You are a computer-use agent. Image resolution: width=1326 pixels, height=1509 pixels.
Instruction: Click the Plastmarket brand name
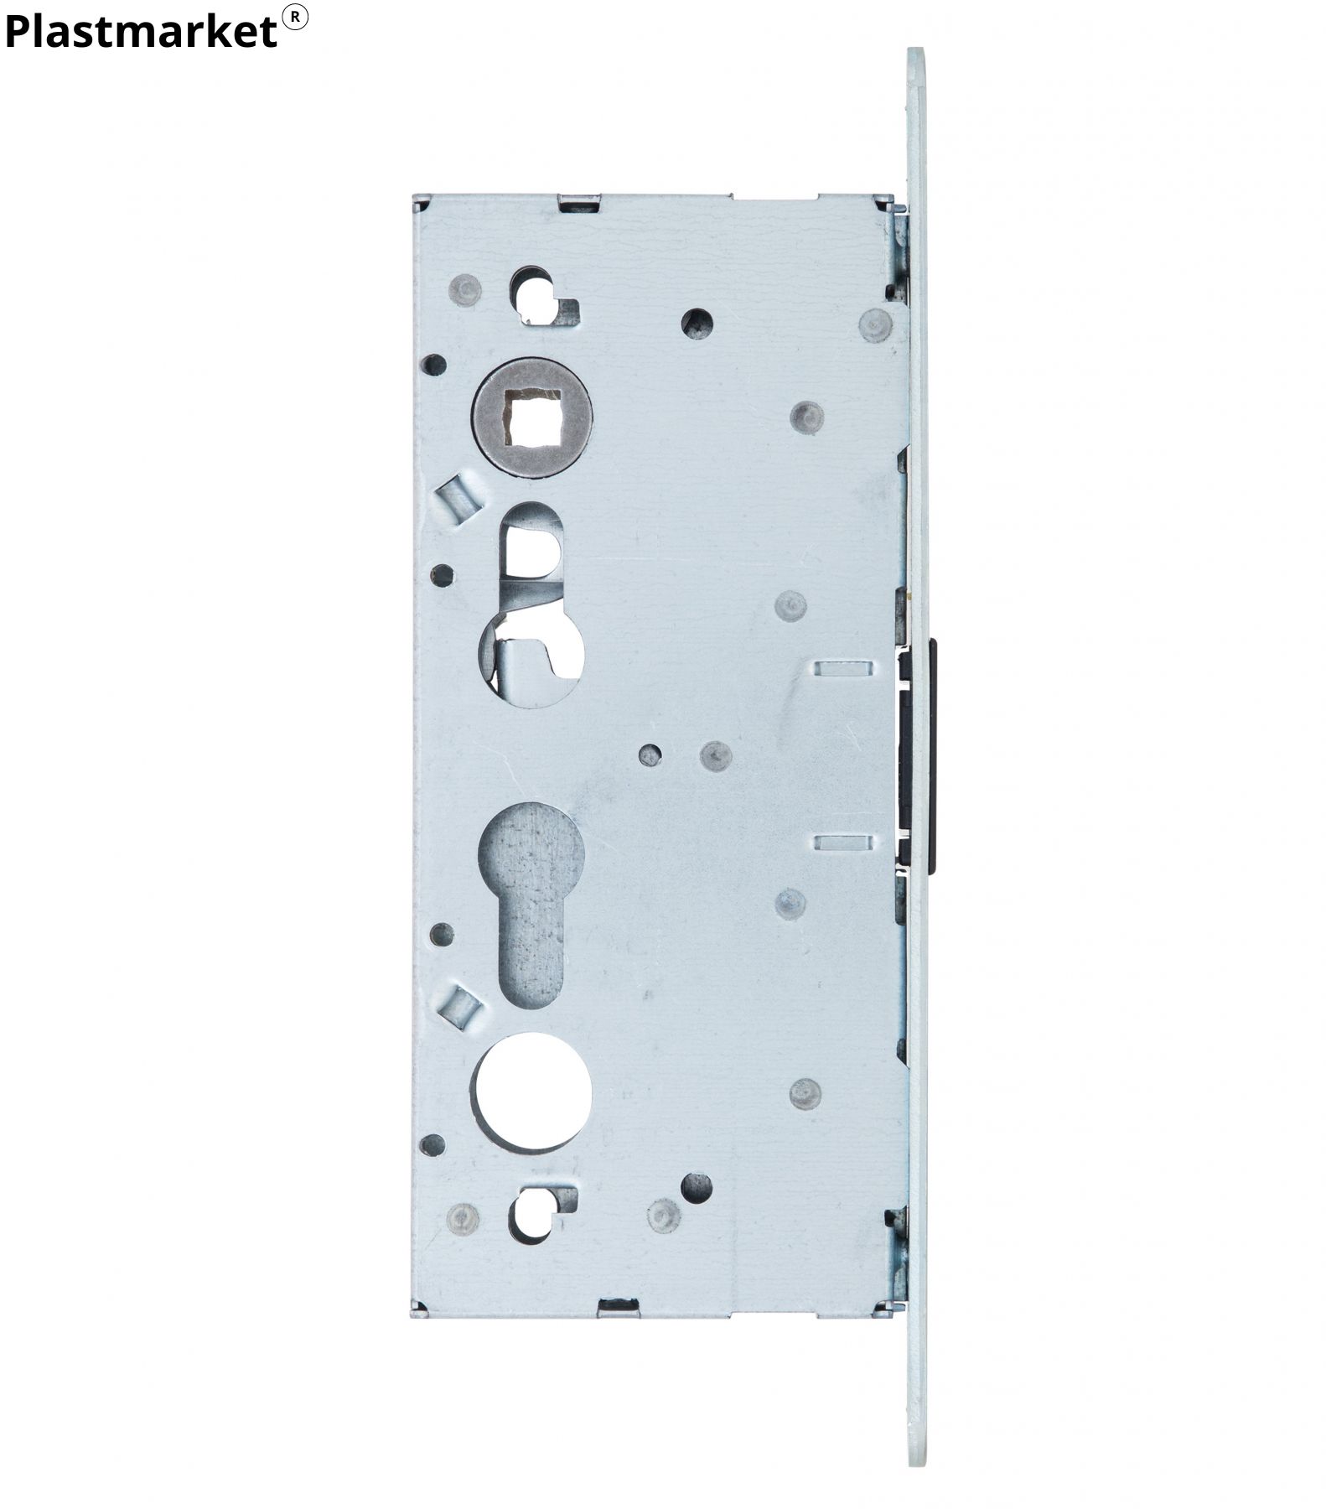(x=141, y=32)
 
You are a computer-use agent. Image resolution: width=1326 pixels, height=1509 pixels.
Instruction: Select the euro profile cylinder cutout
(x=531, y=905)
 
